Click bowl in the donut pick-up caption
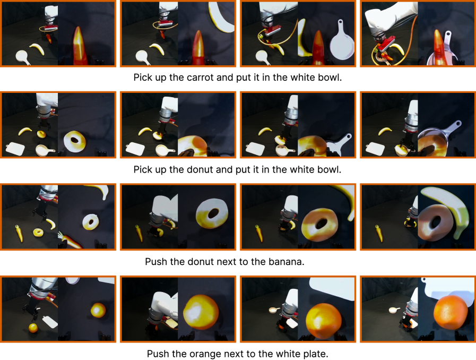[330, 169]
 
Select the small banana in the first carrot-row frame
[37, 49]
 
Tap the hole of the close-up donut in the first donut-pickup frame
[75, 140]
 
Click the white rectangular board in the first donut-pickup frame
[15, 149]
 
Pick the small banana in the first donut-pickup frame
[25, 131]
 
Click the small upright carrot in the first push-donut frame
[19, 233]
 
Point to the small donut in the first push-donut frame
[38, 233]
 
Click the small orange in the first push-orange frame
[33, 328]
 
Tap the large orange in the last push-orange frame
[449, 313]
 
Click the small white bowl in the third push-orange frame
[274, 310]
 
